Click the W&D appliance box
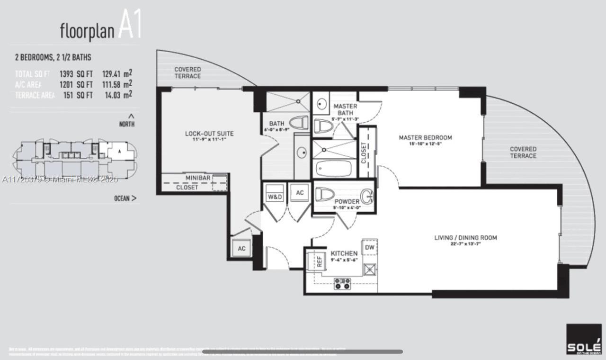[275, 194]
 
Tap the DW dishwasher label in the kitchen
[370, 248]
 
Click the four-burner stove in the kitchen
[342, 284]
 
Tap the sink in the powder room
[366, 195]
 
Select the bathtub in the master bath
[333, 168]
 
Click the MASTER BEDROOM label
[425, 138]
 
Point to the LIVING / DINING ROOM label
[465, 238]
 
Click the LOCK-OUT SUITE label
[209, 134]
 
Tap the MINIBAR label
[198, 178]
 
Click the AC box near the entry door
[241, 249]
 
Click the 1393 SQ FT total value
[75, 74]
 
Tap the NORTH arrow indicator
[131, 116]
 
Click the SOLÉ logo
[584, 339]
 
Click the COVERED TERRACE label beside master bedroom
[523, 153]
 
